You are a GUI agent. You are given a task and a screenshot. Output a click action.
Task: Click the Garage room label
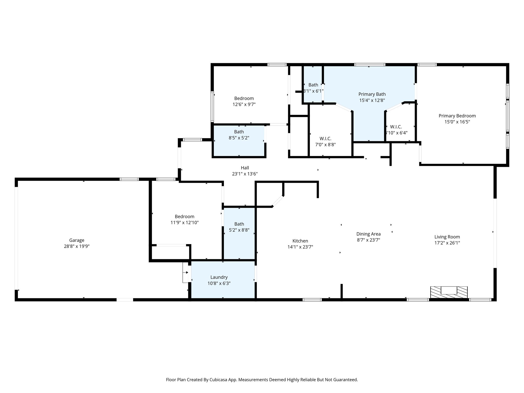77,240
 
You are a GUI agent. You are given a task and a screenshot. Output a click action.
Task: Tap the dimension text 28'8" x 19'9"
77,246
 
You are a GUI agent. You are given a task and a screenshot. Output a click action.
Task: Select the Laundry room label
219,277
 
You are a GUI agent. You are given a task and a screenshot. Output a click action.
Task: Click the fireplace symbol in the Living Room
449,292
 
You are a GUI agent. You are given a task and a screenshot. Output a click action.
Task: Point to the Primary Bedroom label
457,116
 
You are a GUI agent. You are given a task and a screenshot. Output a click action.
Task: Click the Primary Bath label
372,94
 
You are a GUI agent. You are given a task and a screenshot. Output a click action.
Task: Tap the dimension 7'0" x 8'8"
325,145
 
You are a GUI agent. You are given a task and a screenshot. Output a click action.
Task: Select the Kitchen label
300,241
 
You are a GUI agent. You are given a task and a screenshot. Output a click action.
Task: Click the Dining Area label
368,234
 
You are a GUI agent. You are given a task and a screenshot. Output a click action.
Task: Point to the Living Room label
447,237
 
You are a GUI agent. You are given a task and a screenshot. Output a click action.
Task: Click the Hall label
245,168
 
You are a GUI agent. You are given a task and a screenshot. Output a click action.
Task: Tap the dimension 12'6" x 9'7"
244,104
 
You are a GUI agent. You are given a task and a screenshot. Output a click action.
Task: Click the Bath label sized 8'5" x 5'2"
239,132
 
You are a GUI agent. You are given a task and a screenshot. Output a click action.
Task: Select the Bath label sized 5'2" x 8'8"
239,224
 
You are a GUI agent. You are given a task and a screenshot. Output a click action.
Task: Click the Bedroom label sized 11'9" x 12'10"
184,216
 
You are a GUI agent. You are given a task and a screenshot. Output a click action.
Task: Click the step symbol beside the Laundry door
185,272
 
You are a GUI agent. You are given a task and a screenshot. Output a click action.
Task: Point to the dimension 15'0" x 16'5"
457,122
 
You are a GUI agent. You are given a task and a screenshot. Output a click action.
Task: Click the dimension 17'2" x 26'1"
447,243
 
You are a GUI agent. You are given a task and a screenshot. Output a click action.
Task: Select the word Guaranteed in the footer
345,380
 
